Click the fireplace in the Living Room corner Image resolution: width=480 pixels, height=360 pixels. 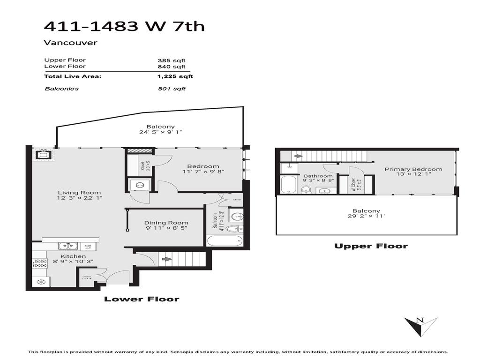click(43, 154)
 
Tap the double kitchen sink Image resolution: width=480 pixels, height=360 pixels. click(68, 246)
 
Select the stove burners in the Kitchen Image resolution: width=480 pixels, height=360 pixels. click(39, 263)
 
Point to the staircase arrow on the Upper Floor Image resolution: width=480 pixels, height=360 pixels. click(298, 156)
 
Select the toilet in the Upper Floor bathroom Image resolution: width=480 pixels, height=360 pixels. click(306, 189)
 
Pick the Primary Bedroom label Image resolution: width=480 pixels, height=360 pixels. click(413, 169)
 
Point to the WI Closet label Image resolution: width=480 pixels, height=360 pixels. click(354, 185)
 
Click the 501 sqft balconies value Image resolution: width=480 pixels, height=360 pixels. click(172, 89)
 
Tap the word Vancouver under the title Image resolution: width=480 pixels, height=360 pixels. click(71, 43)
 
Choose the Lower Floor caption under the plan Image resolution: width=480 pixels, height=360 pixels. click(141, 299)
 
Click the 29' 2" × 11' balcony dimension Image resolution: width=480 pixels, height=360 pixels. click(367, 217)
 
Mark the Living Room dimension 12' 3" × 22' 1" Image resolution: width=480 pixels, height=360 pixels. click(79, 198)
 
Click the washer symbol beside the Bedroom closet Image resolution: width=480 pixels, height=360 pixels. click(139, 185)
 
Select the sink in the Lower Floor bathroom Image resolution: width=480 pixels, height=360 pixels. click(238, 217)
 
